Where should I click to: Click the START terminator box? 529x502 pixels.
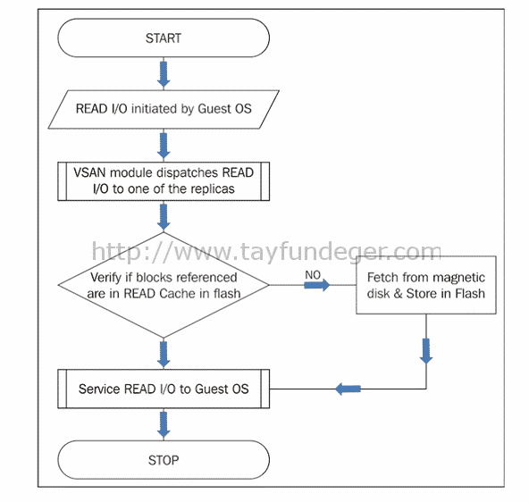(164, 38)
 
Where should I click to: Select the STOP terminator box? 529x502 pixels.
(164, 460)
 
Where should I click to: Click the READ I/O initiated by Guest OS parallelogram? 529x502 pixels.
(164, 109)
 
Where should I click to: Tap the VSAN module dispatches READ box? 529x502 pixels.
(164, 181)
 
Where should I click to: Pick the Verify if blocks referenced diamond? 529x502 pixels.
(164, 285)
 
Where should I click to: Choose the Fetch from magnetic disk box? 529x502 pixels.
(426, 285)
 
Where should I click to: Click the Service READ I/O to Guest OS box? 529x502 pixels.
(164, 389)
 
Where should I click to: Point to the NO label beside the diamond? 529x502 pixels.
(313, 275)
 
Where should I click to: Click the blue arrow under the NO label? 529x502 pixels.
(317, 285)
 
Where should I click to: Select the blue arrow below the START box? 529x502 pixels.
(164, 74)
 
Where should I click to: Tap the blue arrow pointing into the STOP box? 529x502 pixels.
(164, 424)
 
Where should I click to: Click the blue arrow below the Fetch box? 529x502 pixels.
(426, 351)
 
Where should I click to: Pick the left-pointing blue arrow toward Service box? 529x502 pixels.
(348, 389)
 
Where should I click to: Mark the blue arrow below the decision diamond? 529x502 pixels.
(164, 355)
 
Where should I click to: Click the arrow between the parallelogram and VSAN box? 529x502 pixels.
(164, 146)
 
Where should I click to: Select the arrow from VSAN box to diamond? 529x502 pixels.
(164, 217)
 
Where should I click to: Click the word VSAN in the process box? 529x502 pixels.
(89, 172)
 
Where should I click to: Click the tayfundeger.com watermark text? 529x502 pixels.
(266, 252)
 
